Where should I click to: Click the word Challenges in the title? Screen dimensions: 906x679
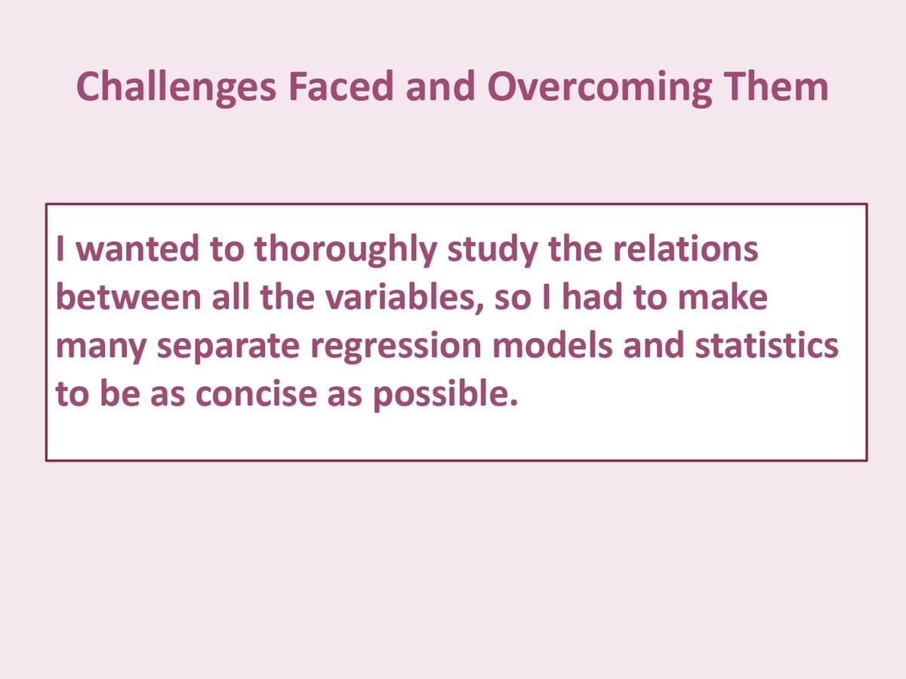point(176,87)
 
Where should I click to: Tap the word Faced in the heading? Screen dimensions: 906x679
point(341,86)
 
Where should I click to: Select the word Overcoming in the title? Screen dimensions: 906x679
point(599,88)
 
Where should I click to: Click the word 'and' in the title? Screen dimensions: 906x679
point(440,86)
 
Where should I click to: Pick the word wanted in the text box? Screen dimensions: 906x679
point(138,249)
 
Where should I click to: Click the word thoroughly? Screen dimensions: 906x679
point(345,250)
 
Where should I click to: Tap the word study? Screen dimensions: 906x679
point(492,250)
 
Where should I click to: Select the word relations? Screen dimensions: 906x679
point(686,248)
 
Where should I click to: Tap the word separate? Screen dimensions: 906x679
point(228,347)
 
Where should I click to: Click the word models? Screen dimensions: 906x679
point(552,344)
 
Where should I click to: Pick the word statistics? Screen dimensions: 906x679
point(766,344)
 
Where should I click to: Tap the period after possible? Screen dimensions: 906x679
point(513,402)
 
